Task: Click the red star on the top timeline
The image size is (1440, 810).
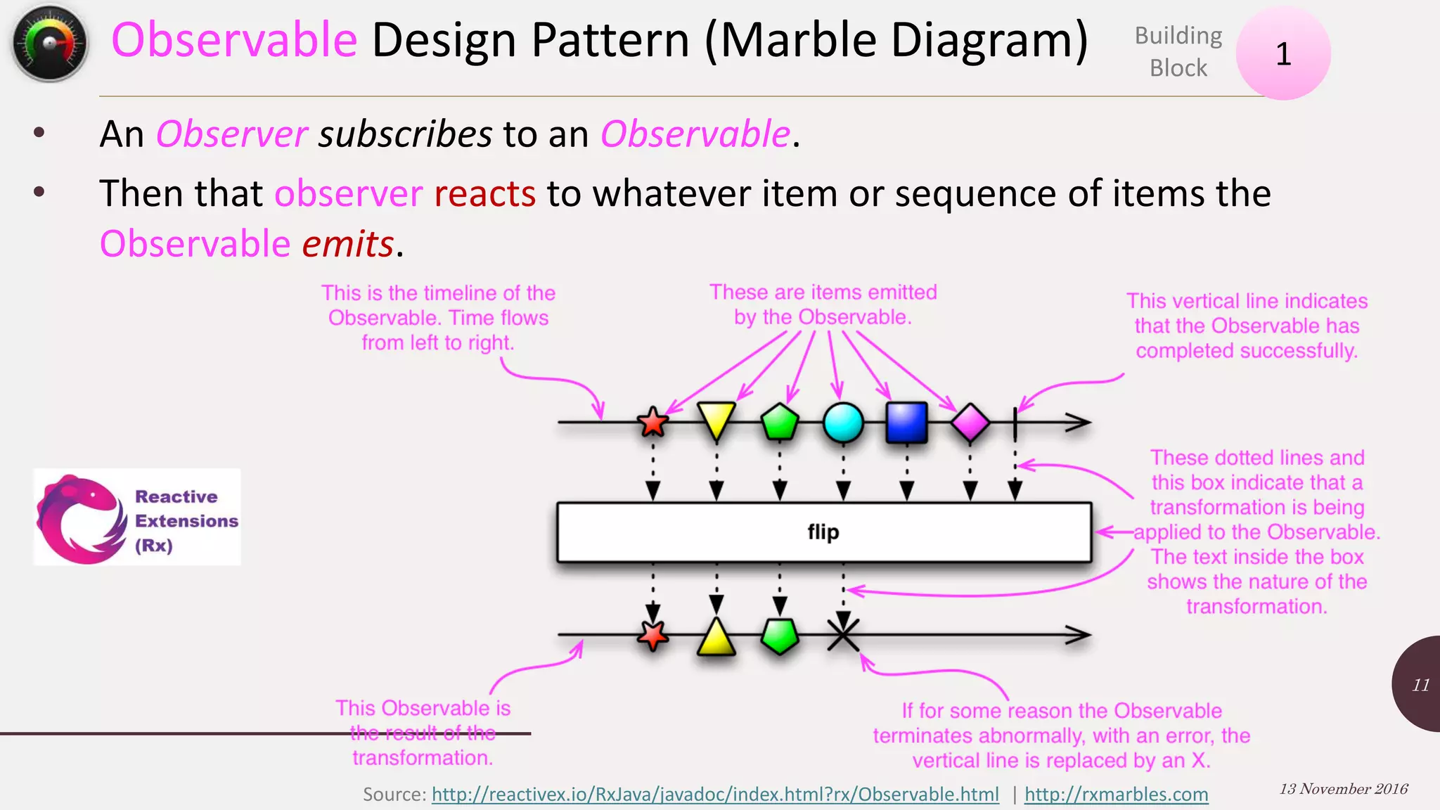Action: (x=652, y=422)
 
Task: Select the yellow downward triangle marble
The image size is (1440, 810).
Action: (x=716, y=418)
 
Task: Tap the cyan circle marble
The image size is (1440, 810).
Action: (x=843, y=423)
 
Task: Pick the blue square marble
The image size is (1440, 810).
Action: (x=906, y=423)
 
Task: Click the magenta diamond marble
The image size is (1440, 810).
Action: (x=970, y=423)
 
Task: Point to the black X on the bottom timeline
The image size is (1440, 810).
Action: (x=843, y=634)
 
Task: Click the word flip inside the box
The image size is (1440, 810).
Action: (x=823, y=532)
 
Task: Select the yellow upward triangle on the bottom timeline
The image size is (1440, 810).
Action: (x=716, y=638)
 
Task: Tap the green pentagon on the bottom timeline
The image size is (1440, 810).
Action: (x=780, y=636)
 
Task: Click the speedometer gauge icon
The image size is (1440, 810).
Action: (x=49, y=44)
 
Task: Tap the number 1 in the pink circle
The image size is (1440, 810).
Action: (x=1283, y=54)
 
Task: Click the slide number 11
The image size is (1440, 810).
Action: (x=1420, y=685)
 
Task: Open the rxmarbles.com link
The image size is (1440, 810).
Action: (x=1116, y=795)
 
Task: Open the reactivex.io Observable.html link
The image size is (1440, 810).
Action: (x=714, y=795)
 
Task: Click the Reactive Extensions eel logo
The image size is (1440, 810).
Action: (x=81, y=519)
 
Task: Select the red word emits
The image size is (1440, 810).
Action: (x=347, y=244)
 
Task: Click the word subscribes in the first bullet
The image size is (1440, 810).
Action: (x=405, y=134)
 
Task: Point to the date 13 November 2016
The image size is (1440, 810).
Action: (x=1343, y=789)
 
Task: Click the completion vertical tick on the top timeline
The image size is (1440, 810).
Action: (x=1015, y=423)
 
